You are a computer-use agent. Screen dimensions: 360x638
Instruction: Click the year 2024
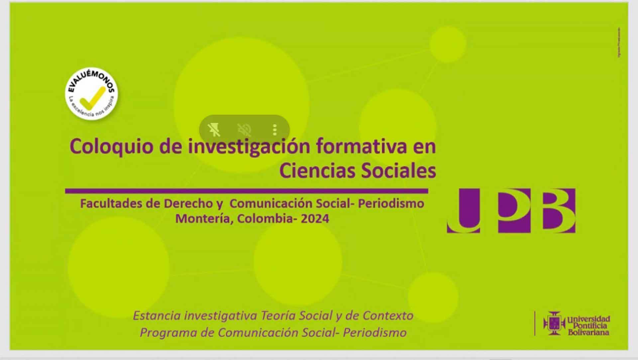click(x=315, y=219)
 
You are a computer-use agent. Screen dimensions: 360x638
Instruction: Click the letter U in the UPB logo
click(x=463, y=211)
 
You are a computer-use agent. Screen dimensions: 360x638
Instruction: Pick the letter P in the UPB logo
click(x=514, y=211)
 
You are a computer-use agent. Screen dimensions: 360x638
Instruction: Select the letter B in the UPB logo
click(x=559, y=211)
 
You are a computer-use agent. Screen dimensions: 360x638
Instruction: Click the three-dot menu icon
click(x=274, y=130)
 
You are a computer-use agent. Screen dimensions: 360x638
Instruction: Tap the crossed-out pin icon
click(x=214, y=130)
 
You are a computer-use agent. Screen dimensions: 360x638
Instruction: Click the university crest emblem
click(x=554, y=323)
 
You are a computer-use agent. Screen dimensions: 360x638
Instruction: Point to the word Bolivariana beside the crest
click(x=588, y=332)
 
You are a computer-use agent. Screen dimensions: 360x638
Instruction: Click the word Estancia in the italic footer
click(x=157, y=315)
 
